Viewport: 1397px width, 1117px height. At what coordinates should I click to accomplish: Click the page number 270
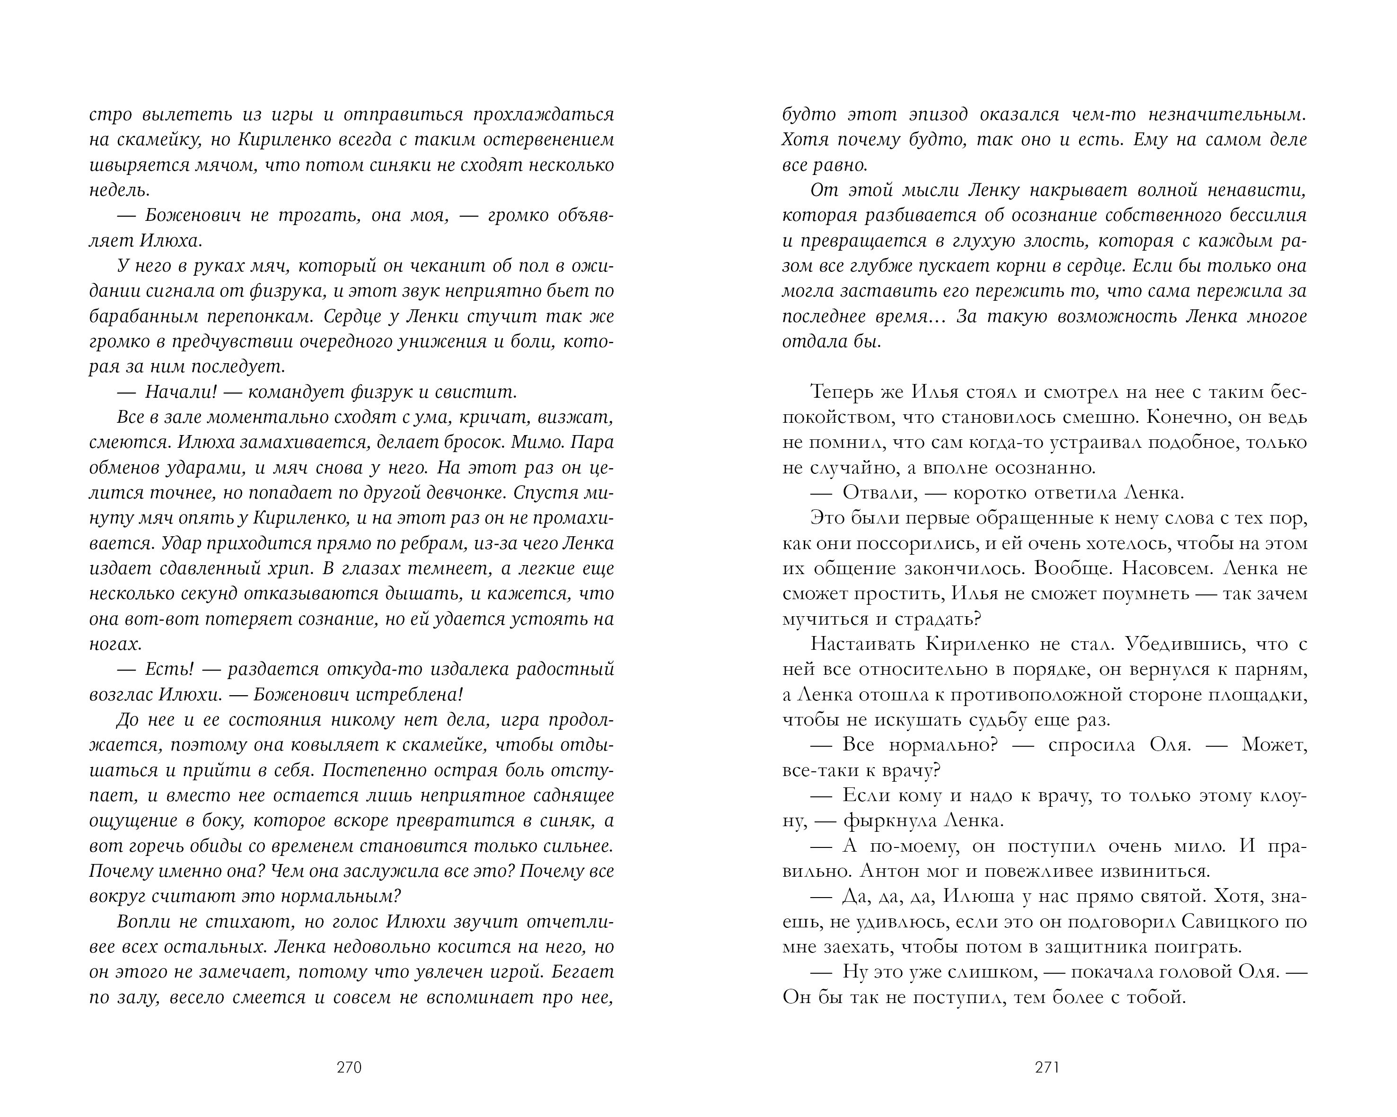(x=349, y=1068)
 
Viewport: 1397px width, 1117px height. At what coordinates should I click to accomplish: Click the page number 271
(x=1046, y=1068)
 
